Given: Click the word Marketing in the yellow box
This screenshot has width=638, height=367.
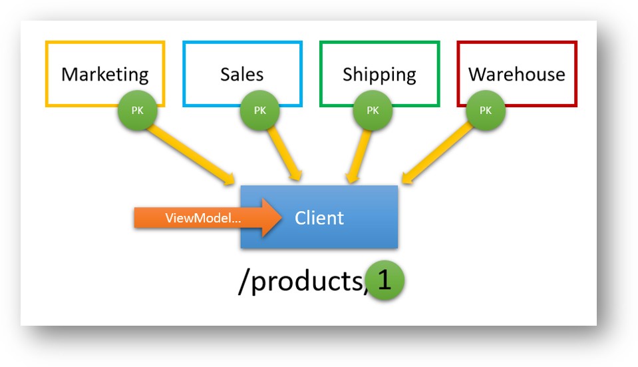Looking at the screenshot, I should (x=104, y=74).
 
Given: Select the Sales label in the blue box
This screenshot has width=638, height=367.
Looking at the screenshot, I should (x=241, y=74).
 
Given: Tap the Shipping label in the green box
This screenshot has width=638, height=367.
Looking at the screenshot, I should (x=379, y=74).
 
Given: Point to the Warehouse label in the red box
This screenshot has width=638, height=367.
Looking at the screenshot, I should (x=516, y=74).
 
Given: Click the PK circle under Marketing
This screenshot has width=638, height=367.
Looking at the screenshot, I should (x=137, y=110).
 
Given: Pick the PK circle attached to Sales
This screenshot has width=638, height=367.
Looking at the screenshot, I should (x=259, y=110).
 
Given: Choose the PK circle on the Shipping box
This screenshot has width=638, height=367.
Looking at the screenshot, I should (x=373, y=110).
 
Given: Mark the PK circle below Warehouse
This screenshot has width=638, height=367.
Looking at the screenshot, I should (x=485, y=110).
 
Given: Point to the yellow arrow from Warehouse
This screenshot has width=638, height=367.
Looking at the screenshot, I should (x=442, y=150).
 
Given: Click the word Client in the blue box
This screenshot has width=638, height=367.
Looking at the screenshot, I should (x=319, y=218).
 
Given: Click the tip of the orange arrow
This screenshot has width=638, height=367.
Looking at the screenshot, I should (x=279, y=218).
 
